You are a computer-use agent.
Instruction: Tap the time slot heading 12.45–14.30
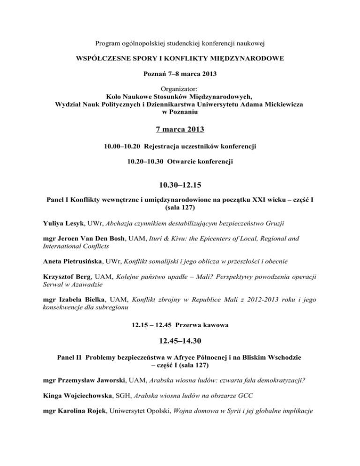click(180, 340)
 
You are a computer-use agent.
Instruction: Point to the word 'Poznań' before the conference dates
click(153, 74)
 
